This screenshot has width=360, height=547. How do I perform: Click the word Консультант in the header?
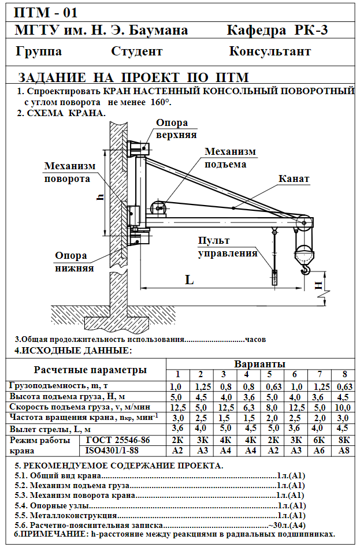pos(270,51)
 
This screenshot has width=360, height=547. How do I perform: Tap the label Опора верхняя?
pos(176,129)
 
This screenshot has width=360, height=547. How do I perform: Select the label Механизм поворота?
pos(70,172)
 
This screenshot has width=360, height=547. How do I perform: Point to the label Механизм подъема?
pos(229,157)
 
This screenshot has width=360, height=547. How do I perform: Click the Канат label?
pos(294,179)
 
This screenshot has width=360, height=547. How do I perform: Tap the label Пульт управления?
pos(228,247)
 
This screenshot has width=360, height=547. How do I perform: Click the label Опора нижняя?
pos(71,262)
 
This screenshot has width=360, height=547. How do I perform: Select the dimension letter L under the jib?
pos(189,280)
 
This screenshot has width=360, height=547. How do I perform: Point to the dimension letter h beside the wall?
pos(100,198)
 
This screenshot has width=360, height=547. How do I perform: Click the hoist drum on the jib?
pos(157,207)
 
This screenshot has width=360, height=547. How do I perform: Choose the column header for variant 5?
pos(269,374)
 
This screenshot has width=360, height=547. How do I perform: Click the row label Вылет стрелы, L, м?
pos(50,429)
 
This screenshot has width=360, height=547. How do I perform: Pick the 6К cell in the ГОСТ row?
pos(320,440)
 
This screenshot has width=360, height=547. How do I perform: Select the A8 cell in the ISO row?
pos(344,451)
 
